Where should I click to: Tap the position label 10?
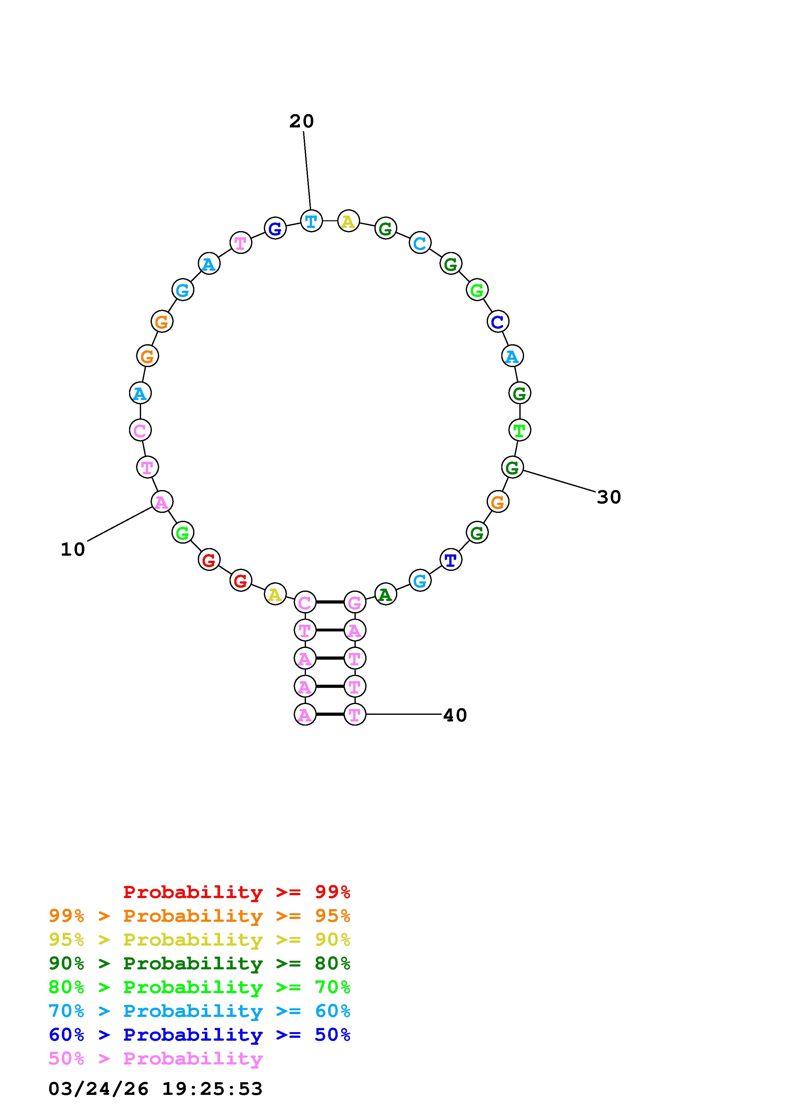tap(73, 549)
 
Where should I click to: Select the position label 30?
tap(609, 497)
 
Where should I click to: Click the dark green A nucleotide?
tap(386, 595)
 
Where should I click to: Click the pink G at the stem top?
tap(354, 603)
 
